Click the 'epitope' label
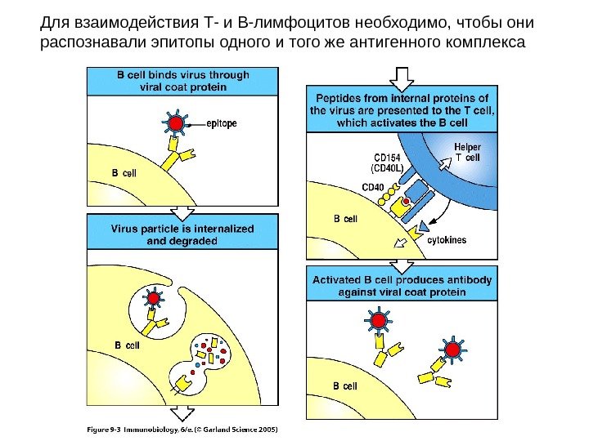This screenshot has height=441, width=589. (x=221, y=123)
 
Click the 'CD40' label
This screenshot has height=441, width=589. (x=372, y=187)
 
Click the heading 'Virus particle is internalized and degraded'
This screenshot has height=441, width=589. (x=182, y=234)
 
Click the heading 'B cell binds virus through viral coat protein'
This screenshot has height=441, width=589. (x=182, y=80)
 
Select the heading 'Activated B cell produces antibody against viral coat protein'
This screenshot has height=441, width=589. (x=401, y=285)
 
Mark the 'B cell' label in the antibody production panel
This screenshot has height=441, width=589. (x=344, y=385)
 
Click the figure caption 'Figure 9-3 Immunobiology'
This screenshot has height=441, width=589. (x=183, y=428)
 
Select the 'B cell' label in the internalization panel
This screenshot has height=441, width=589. (x=128, y=345)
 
